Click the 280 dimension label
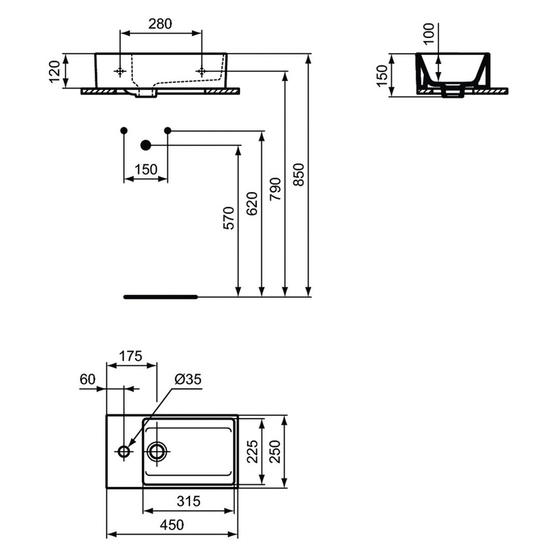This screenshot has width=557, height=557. click(x=161, y=24)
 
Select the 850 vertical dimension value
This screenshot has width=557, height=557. click(x=298, y=175)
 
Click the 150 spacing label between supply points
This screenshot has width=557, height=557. click(x=145, y=170)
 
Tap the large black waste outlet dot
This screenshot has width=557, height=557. click(x=145, y=145)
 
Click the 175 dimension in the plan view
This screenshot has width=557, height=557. click(x=131, y=356)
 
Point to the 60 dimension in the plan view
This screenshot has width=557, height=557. click(x=87, y=379)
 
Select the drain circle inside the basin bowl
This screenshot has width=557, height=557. click(x=157, y=451)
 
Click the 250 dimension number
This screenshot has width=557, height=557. click(x=275, y=451)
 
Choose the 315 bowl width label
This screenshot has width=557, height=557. click(x=189, y=501)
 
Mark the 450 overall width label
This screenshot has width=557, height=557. click(x=172, y=525)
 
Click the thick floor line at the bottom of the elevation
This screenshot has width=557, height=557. click(x=161, y=297)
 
